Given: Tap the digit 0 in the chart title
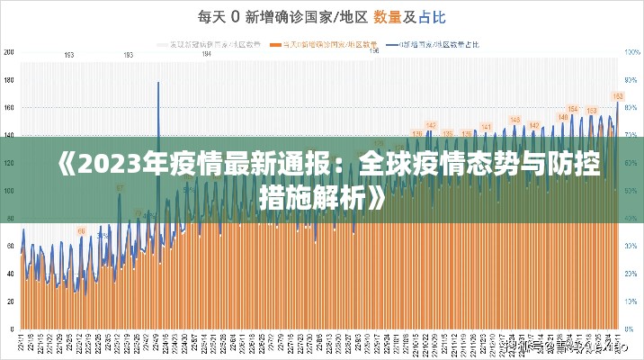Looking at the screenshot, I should click(235, 15).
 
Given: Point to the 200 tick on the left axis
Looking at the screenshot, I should click(9, 52).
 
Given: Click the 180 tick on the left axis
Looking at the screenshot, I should click(9, 80).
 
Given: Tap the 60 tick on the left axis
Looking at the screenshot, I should click(10, 246).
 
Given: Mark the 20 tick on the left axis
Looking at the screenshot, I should click(10, 301).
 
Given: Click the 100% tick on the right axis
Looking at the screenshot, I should click(633, 52).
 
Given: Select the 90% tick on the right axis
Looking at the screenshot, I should click(633, 80).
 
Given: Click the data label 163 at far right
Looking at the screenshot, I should click(618, 95).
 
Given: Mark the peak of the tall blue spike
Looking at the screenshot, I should click(158, 83).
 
